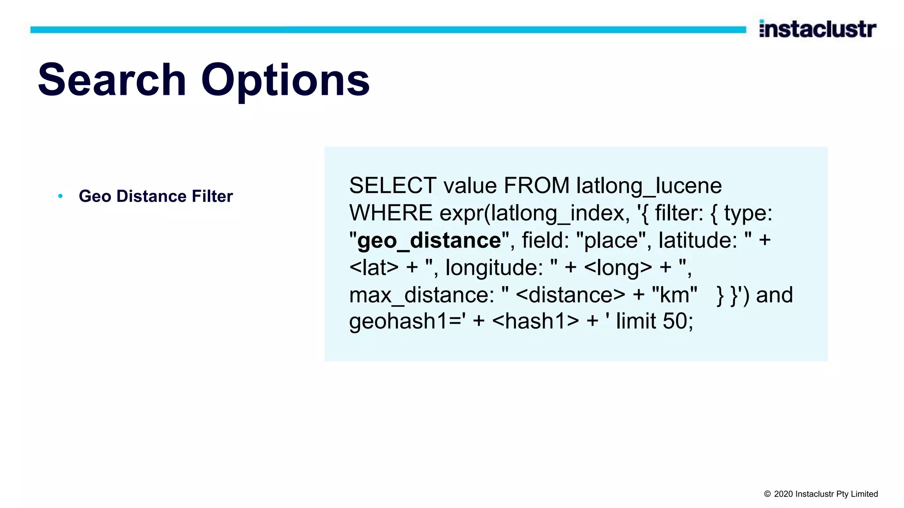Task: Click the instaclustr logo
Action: click(x=817, y=29)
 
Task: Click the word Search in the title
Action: click(x=112, y=80)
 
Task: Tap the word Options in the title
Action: click(x=285, y=81)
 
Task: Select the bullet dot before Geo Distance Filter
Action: click(x=60, y=196)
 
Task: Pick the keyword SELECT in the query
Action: click(x=392, y=186)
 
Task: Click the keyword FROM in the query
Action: click(x=536, y=186)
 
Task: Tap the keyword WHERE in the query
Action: click(x=391, y=213)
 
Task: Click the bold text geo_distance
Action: click(x=429, y=241)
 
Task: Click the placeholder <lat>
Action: click(x=374, y=268)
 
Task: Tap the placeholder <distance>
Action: click(x=570, y=295)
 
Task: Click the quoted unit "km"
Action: click(x=674, y=295)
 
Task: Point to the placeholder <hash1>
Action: click(x=535, y=321)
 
